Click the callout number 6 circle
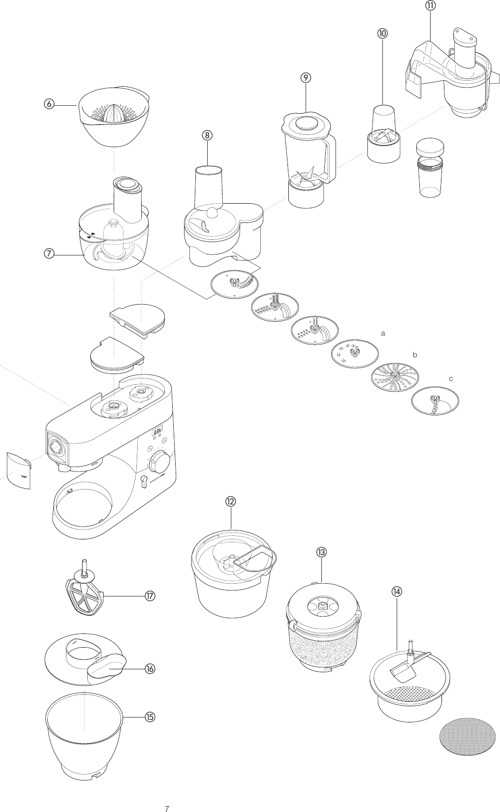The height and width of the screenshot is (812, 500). pos(48,104)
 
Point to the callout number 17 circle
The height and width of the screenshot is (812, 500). pos(150,596)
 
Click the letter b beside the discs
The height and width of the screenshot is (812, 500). pos(415,354)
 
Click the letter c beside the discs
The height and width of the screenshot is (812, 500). pos(450,379)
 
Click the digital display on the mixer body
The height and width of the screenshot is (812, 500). pos(157,431)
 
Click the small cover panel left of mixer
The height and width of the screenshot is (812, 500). pos(18,471)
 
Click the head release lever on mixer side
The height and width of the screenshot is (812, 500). pos(144,480)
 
